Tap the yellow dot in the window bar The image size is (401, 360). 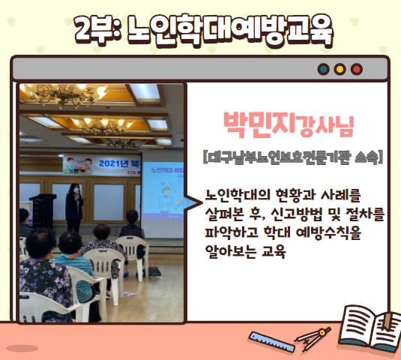(x=340, y=69)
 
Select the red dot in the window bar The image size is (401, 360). (x=357, y=69)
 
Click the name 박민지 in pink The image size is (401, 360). (x=259, y=124)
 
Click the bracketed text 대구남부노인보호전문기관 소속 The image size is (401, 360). (x=293, y=157)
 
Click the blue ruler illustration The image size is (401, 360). (x=271, y=341)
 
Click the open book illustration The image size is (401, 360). (x=370, y=327)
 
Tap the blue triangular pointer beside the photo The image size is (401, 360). (x=193, y=203)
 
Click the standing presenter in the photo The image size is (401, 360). (x=74, y=207)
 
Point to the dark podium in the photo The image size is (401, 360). (x=43, y=211)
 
